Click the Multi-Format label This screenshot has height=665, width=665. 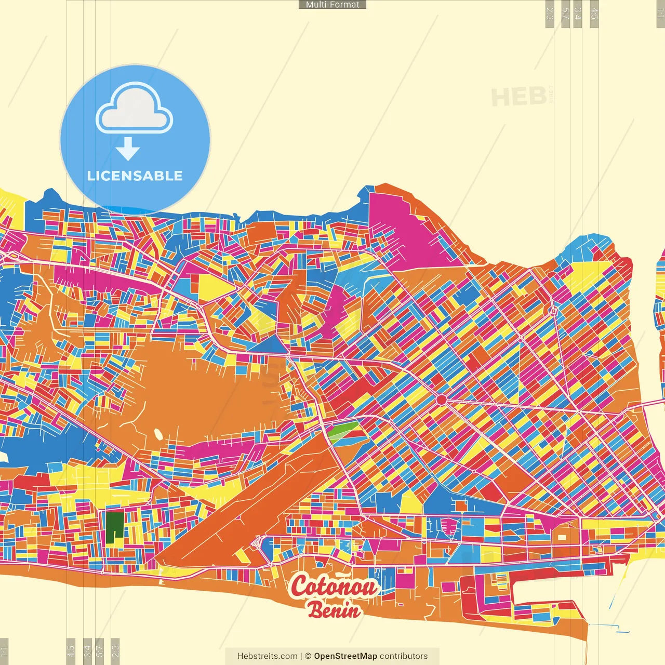click(332, 5)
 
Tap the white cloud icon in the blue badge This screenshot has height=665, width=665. click(135, 110)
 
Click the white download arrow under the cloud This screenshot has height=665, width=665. click(128, 149)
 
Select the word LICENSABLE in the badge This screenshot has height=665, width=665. click(135, 176)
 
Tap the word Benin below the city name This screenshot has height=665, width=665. click(334, 609)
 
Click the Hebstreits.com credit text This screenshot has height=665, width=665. click(267, 656)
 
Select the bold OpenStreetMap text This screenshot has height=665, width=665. click(345, 656)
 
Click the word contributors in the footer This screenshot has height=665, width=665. click(404, 656)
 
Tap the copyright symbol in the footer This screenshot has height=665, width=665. click(308, 656)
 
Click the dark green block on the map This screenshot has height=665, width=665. click(115, 527)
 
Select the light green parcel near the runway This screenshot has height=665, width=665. click(343, 432)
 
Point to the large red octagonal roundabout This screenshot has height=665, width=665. click(441, 400)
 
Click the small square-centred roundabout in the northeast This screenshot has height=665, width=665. click(554, 311)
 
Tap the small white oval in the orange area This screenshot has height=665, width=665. click(158, 433)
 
